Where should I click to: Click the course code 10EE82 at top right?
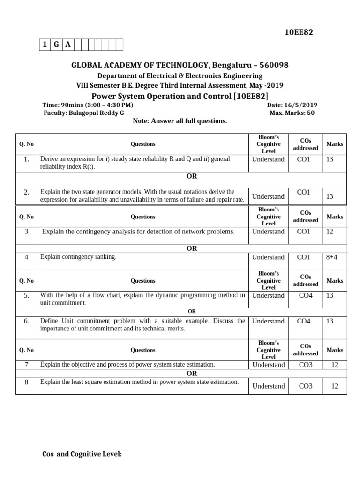pos(299,32)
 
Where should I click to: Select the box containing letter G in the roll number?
pos(56,45)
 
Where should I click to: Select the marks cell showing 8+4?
pos(334,257)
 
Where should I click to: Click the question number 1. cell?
pos(26,159)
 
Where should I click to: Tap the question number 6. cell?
pos(26,321)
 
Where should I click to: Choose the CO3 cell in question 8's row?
pos(305,386)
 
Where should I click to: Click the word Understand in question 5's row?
pos(268,295)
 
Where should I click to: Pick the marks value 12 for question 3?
pos(334,232)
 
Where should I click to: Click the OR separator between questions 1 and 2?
pos(192,176)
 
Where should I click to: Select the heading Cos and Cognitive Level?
pos(82,454)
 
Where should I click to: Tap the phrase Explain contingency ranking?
pos(78,257)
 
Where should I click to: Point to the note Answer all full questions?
pos(180,121)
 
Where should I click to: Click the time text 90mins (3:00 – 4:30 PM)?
pos(97,105)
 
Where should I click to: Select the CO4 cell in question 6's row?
pos(305,321)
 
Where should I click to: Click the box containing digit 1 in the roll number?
pos(45,45)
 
